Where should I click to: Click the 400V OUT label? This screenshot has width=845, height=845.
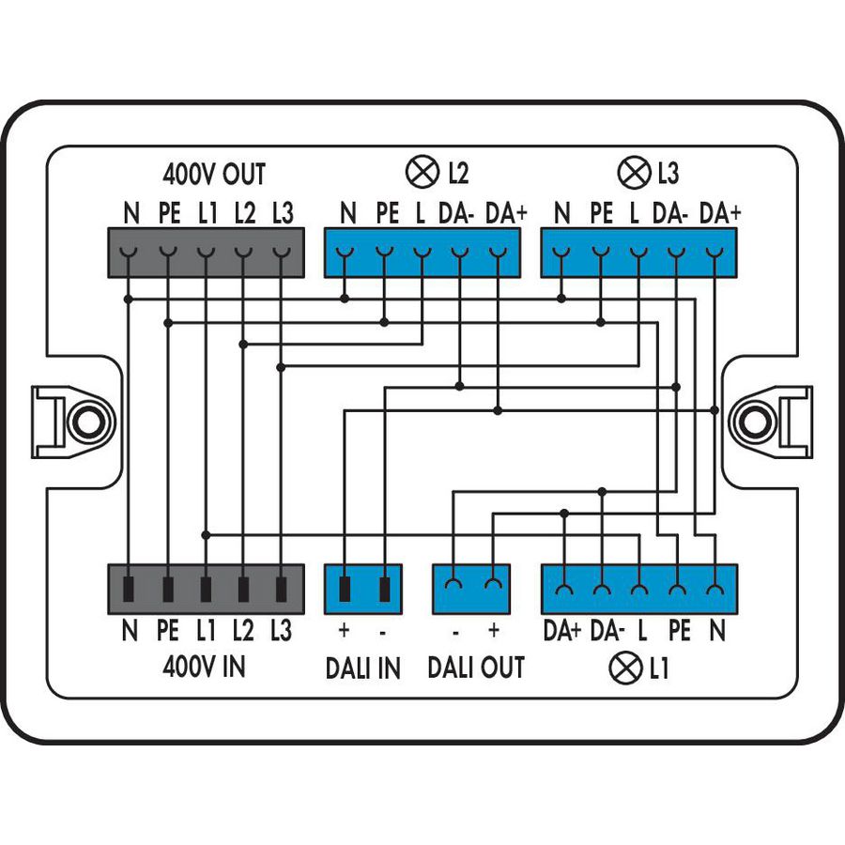(x=214, y=175)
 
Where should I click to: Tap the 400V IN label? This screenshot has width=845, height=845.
(x=205, y=668)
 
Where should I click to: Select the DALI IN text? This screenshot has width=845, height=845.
(x=362, y=668)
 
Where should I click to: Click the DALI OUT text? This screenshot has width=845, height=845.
(x=475, y=668)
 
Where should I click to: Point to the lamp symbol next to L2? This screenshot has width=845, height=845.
(x=420, y=173)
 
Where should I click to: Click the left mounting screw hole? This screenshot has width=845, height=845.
(x=86, y=420)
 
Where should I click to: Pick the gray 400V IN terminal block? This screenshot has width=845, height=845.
(x=207, y=589)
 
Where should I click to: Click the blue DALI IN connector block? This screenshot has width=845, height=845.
(x=363, y=589)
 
